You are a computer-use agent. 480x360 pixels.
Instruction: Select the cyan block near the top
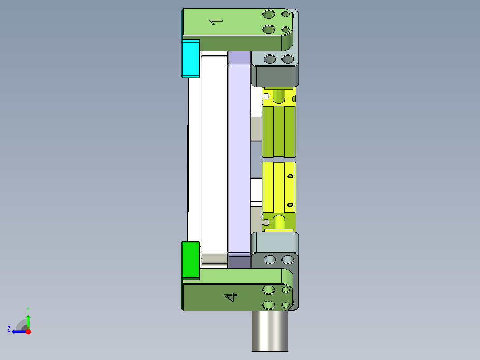click(x=190, y=58)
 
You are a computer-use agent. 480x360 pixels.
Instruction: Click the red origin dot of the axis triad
click(x=28, y=331)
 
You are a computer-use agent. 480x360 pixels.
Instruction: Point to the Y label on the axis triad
click(x=28, y=309)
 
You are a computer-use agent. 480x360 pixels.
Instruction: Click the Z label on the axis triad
click(x=9, y=329)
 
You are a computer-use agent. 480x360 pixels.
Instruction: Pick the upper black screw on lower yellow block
click(x=290, y=176)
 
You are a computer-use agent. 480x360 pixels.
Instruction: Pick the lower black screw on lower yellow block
click(x=290, y=205)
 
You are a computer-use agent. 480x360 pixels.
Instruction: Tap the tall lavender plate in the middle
click(x=239, y=156)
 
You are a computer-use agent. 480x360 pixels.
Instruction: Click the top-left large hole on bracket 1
click(x=268, y=14)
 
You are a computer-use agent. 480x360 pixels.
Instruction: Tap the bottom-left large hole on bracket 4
click(x=268, y=305)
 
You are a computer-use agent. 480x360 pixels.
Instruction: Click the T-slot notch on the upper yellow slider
click(x=267, y=95)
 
